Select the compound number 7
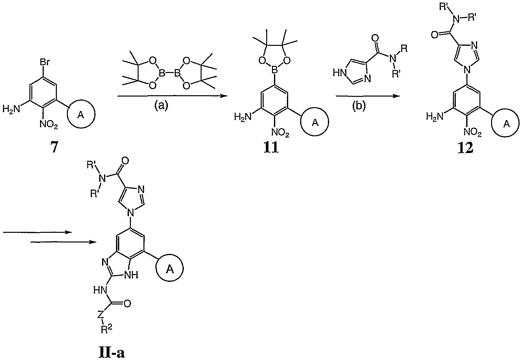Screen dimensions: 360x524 click(x=54, y=149)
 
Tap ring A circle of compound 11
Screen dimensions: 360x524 click(x=315, y=123)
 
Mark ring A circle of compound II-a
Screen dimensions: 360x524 click(x=170, y=269)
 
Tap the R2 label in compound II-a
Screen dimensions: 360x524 click(x=105, y=329)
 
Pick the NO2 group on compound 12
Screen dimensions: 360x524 click(x=472, y=132)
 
